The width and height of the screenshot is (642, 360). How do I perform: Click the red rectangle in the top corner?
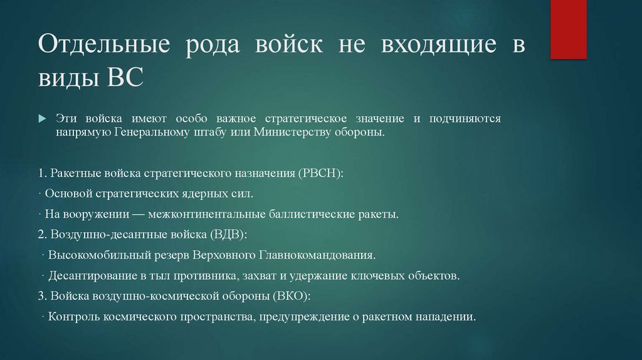[x=569, y=29]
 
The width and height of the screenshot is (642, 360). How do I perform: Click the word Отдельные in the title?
[x=103, y=48]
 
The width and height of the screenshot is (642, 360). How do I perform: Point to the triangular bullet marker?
[x=42, y=119]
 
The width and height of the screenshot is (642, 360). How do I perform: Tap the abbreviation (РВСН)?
[x=319, y=172]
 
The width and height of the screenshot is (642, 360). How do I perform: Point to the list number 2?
[x=41, y=234]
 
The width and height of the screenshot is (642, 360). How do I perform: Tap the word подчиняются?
[x=465, y=119]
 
